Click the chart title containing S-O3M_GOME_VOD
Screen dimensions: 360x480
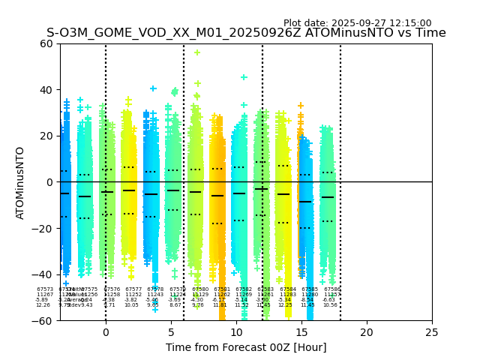[x=246, y=33]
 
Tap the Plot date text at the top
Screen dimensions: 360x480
[x=357, y=23]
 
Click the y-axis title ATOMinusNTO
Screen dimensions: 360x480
[x=21, y=182]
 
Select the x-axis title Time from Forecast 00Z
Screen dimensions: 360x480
[x=246, y=347]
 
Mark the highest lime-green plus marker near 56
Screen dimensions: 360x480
[x=197, y=52]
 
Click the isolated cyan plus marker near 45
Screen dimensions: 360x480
[x=244, y=77]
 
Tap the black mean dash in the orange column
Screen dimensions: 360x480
[x=217, y=196]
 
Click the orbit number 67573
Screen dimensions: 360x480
[x=45, y=289]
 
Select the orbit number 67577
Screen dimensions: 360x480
[x=133, y=289]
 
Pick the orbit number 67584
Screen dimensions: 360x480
[x=288, y=289]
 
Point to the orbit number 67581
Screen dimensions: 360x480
[x=222, y=289]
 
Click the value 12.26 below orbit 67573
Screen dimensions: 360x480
[x=43, y=305]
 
